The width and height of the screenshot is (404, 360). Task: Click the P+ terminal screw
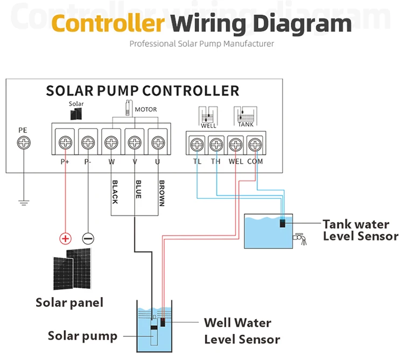65,143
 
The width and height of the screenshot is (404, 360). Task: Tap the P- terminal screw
88,143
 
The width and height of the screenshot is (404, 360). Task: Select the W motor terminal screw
111,143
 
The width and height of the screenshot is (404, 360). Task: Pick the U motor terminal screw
157,143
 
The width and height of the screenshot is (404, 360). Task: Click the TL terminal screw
197,144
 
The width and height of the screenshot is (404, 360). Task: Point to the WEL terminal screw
235,144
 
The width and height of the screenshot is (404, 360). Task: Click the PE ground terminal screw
24,143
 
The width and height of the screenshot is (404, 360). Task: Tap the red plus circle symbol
65,238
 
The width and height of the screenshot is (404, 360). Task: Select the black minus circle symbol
88,238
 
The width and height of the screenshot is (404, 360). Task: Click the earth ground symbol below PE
24,203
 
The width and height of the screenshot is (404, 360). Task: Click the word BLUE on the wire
138,189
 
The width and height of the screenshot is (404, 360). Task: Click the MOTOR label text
145,109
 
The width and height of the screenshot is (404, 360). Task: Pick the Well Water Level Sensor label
242,331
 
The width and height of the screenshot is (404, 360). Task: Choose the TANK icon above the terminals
245,116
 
